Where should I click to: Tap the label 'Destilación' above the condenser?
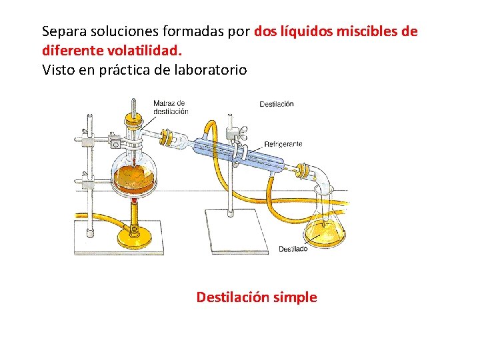(276, 104)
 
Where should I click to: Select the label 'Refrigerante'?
(283, 143)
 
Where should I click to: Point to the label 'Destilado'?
(293, 249)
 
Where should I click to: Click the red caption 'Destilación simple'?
(257, 297)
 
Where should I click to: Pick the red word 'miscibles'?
(365, 31)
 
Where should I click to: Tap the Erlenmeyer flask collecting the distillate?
(325, 227)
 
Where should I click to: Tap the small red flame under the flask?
(135, 200)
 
